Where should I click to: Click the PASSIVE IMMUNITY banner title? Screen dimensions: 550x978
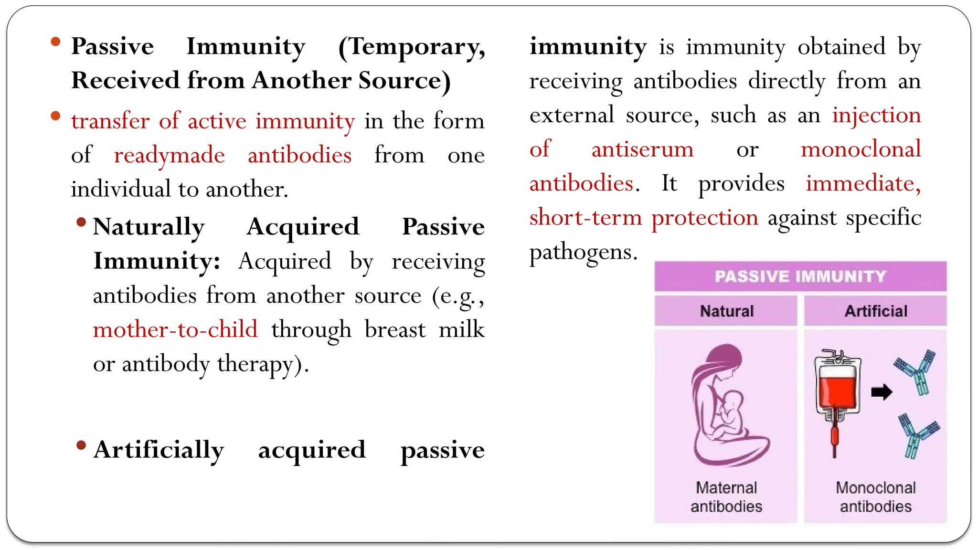tap(800, 276)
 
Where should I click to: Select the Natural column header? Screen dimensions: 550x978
tap(727, 311)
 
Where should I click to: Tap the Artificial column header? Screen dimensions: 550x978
tap(876, 311)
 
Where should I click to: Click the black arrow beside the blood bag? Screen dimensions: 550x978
tap(882, 392)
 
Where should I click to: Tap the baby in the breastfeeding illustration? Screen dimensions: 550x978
tap(731, 411)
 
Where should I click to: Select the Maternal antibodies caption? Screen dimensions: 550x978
tap(726, 497)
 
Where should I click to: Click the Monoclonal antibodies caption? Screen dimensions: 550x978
tap(875, 497)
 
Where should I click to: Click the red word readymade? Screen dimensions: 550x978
tap(169, 155)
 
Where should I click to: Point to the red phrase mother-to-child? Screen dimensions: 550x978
tap(175, 329)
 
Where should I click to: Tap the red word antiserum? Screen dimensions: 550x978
tap(642, 149)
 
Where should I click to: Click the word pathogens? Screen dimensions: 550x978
tap(583, 252)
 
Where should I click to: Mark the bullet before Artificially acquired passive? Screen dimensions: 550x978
tap(81, 445)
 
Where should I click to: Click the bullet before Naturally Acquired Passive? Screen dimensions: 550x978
tap(81, 222)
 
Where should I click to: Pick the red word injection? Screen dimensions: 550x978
tap(876, 115)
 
